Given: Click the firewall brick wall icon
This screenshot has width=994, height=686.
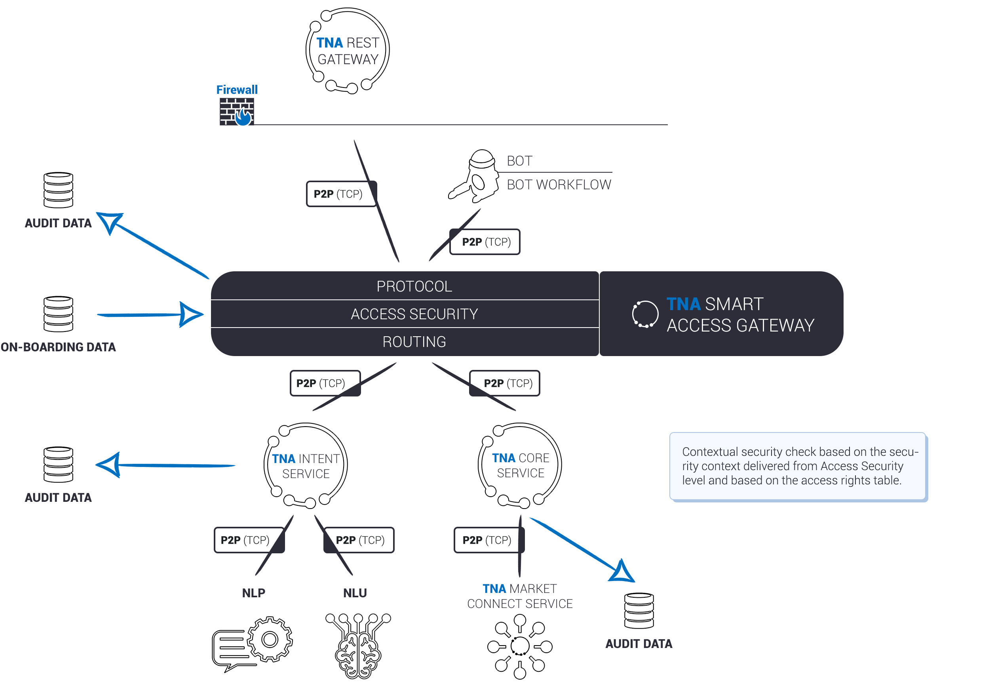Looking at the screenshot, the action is click(237, 112).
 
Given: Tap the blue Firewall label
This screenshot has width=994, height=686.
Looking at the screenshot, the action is click(237, 90).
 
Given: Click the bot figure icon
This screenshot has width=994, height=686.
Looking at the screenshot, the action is click(473, 176).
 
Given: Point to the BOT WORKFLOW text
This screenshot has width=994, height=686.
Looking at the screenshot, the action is click(559, 185).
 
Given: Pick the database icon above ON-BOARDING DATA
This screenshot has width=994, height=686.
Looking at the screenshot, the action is click(59, 314).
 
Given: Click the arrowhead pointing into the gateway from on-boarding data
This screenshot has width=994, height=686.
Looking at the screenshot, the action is click(190, 314).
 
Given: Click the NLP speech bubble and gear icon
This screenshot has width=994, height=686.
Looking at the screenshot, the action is click(252, 644).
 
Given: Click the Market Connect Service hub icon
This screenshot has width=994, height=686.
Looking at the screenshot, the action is click(520, 646).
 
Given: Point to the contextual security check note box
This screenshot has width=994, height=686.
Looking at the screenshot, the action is click(798, 466).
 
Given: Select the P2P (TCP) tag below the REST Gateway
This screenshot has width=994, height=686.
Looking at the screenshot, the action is click(342, 194).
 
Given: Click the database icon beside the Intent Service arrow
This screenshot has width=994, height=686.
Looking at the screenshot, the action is click(59, 464).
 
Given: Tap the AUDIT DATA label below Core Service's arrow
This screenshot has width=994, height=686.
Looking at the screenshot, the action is click(639, 644).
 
